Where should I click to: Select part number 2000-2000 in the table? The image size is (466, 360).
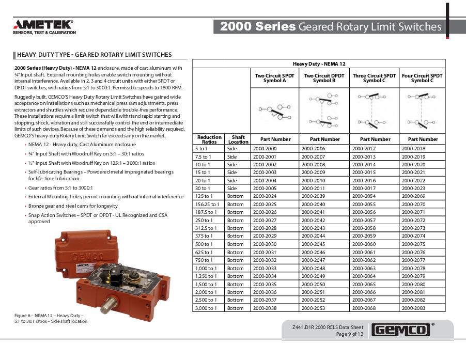[264, 148]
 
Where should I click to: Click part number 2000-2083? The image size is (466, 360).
[413, 308]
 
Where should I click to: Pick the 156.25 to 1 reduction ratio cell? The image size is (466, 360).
[207, 204]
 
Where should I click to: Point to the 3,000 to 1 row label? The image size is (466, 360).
[206, 308]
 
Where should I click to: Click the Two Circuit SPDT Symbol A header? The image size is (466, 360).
[274, 78]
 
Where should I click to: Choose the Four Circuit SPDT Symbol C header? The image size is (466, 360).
[422, 78]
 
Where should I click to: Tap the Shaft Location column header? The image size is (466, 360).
[238, 139]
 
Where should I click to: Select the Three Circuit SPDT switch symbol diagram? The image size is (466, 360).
[375, 110]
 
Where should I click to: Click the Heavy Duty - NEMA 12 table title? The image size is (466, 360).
[319, 64]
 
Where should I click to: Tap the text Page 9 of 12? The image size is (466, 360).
[350, 334]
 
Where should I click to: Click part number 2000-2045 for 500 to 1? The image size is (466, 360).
[313, 244]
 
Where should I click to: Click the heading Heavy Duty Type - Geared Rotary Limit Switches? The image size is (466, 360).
[94, 55]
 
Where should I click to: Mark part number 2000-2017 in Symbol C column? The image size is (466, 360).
[364, 188]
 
